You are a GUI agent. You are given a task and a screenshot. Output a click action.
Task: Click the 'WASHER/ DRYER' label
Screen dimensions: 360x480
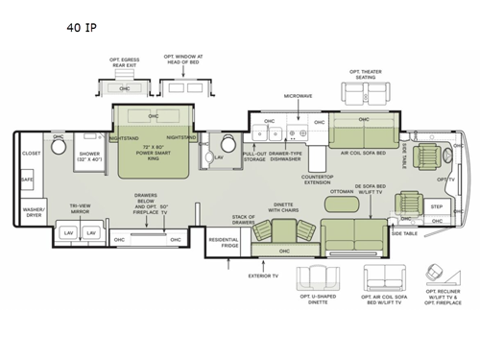point(34,211)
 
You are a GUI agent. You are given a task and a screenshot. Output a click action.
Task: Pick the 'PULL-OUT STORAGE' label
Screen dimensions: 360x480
point(254,156)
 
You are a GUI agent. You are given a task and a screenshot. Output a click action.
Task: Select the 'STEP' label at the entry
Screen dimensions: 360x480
point(436,206)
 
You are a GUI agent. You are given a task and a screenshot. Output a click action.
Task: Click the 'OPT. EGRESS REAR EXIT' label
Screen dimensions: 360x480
point(123,63)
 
